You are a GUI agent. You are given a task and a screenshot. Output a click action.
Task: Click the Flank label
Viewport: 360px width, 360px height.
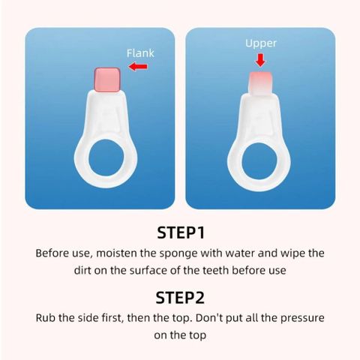140,53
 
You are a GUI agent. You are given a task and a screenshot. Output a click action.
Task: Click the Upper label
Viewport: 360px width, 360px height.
261,43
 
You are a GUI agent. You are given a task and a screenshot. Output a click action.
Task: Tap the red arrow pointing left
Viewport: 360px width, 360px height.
138,67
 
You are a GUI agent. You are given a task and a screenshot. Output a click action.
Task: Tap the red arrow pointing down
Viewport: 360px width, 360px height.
260,60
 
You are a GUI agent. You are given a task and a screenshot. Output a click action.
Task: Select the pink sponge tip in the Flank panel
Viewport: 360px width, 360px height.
107,79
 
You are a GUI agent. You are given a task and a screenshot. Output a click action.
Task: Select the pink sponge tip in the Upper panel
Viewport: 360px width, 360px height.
260,83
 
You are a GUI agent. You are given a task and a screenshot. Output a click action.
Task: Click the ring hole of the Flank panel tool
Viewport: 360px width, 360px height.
106,157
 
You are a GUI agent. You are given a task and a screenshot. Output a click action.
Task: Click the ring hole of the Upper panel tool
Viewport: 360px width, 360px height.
259,161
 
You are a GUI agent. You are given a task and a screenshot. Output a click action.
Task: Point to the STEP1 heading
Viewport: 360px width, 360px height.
181,232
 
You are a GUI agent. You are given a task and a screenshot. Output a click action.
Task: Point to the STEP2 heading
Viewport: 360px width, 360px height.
180,298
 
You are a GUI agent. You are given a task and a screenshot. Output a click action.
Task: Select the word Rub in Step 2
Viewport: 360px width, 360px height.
46,318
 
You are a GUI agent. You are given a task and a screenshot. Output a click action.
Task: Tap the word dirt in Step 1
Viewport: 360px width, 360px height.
82,271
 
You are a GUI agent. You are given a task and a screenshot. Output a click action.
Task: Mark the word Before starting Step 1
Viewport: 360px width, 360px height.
52,253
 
